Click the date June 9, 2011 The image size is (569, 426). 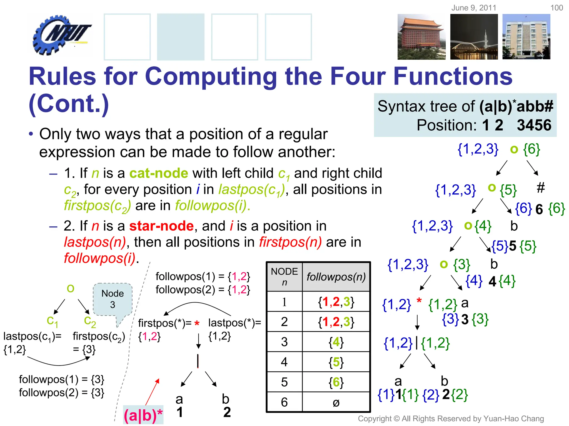(x=474, y=8)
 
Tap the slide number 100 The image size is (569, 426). (x=556, y=8)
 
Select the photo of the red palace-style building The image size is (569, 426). (x=421, y=37)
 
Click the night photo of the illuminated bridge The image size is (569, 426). (x=474, y=37)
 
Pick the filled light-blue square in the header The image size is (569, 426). (x=181, y=37)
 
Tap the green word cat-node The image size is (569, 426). (x=159, y=173)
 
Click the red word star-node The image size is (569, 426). (x=161, y=226)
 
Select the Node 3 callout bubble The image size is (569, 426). (x=113, y=300)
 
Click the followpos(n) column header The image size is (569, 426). (x=336, y=277)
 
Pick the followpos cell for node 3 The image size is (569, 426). (x=336, y=342)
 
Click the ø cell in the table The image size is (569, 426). (x=336, y=402)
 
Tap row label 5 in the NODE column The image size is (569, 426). (x=284, y=382)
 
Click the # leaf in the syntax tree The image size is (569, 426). (x=540, y=188)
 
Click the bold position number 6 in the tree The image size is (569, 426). (x=539, y=209)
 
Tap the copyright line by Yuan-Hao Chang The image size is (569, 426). (x=451, y=419)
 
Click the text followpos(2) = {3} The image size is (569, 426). (x=61, y=393)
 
